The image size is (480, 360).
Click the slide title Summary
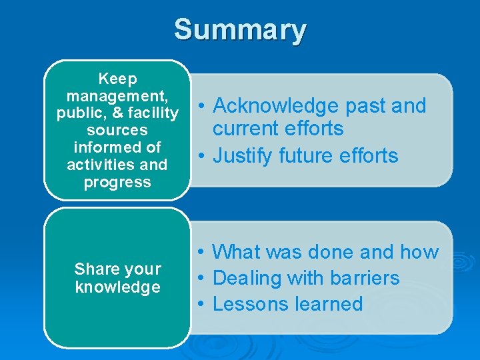pyautogui.click(x=240, y=30)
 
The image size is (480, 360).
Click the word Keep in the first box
pyautogui.click(x=117, y=79)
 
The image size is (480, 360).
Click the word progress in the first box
pyautogui.click(x=117, y=182)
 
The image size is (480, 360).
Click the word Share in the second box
pyautogui.click(x=93, y=269)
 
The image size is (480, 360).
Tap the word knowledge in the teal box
pyautogui.click(x=117, y=287)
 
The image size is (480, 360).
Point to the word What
pyautogui.click(x=237, y=252)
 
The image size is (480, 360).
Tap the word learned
pyautogui.click(x=330, y=304)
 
